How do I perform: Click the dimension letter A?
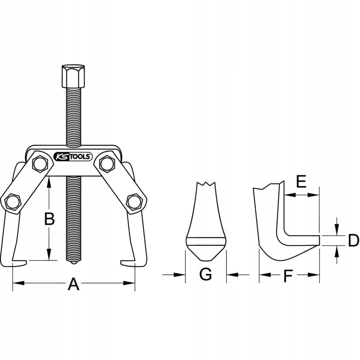(73, 284)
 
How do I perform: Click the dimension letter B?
(49, 219)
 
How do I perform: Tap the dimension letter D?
(353, 241)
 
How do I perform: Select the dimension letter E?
(301, 181)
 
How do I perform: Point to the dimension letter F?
(288, 276)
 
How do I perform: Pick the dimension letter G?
(206, 274)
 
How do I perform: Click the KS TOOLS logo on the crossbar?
(73, 157)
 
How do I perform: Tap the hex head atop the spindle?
(73, 76)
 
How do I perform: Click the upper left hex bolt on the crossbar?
(40, 163)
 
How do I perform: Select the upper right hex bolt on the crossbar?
(107, 163)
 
